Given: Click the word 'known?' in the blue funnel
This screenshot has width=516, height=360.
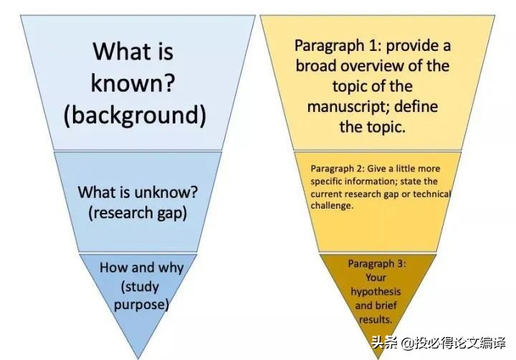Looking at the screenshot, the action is pyautogui.click(x=133, y=82).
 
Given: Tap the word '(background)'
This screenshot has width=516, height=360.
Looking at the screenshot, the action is pyautogui.click(x=135, y=115).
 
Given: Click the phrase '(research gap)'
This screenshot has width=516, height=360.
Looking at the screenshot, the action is pyautogui.click(x=138, y=213).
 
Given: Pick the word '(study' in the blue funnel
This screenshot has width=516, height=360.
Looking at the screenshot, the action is pyautogui.click(x=140, y=287).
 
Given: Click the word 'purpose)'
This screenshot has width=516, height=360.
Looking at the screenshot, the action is pyautogui.click(x=141, y=304).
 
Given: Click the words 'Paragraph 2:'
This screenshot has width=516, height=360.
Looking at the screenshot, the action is pyautogui.click(x=338, y=169).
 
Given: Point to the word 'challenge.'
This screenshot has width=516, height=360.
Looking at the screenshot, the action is pyautogui.click(x=332, y=206).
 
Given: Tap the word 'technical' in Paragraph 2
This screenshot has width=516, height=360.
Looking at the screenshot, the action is pyautogui.click(x=431, y=194).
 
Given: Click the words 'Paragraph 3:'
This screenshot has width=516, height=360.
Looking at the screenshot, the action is pyautogui.click(x=377, y=264).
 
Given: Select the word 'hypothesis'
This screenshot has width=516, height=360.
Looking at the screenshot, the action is pyautogui.click(x=376, y=292).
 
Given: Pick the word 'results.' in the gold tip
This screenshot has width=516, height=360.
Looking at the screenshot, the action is pyautogui.click(x=376, y=320).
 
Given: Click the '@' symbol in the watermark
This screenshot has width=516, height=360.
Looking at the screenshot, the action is pyautogui.click(x=407, y=344).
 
